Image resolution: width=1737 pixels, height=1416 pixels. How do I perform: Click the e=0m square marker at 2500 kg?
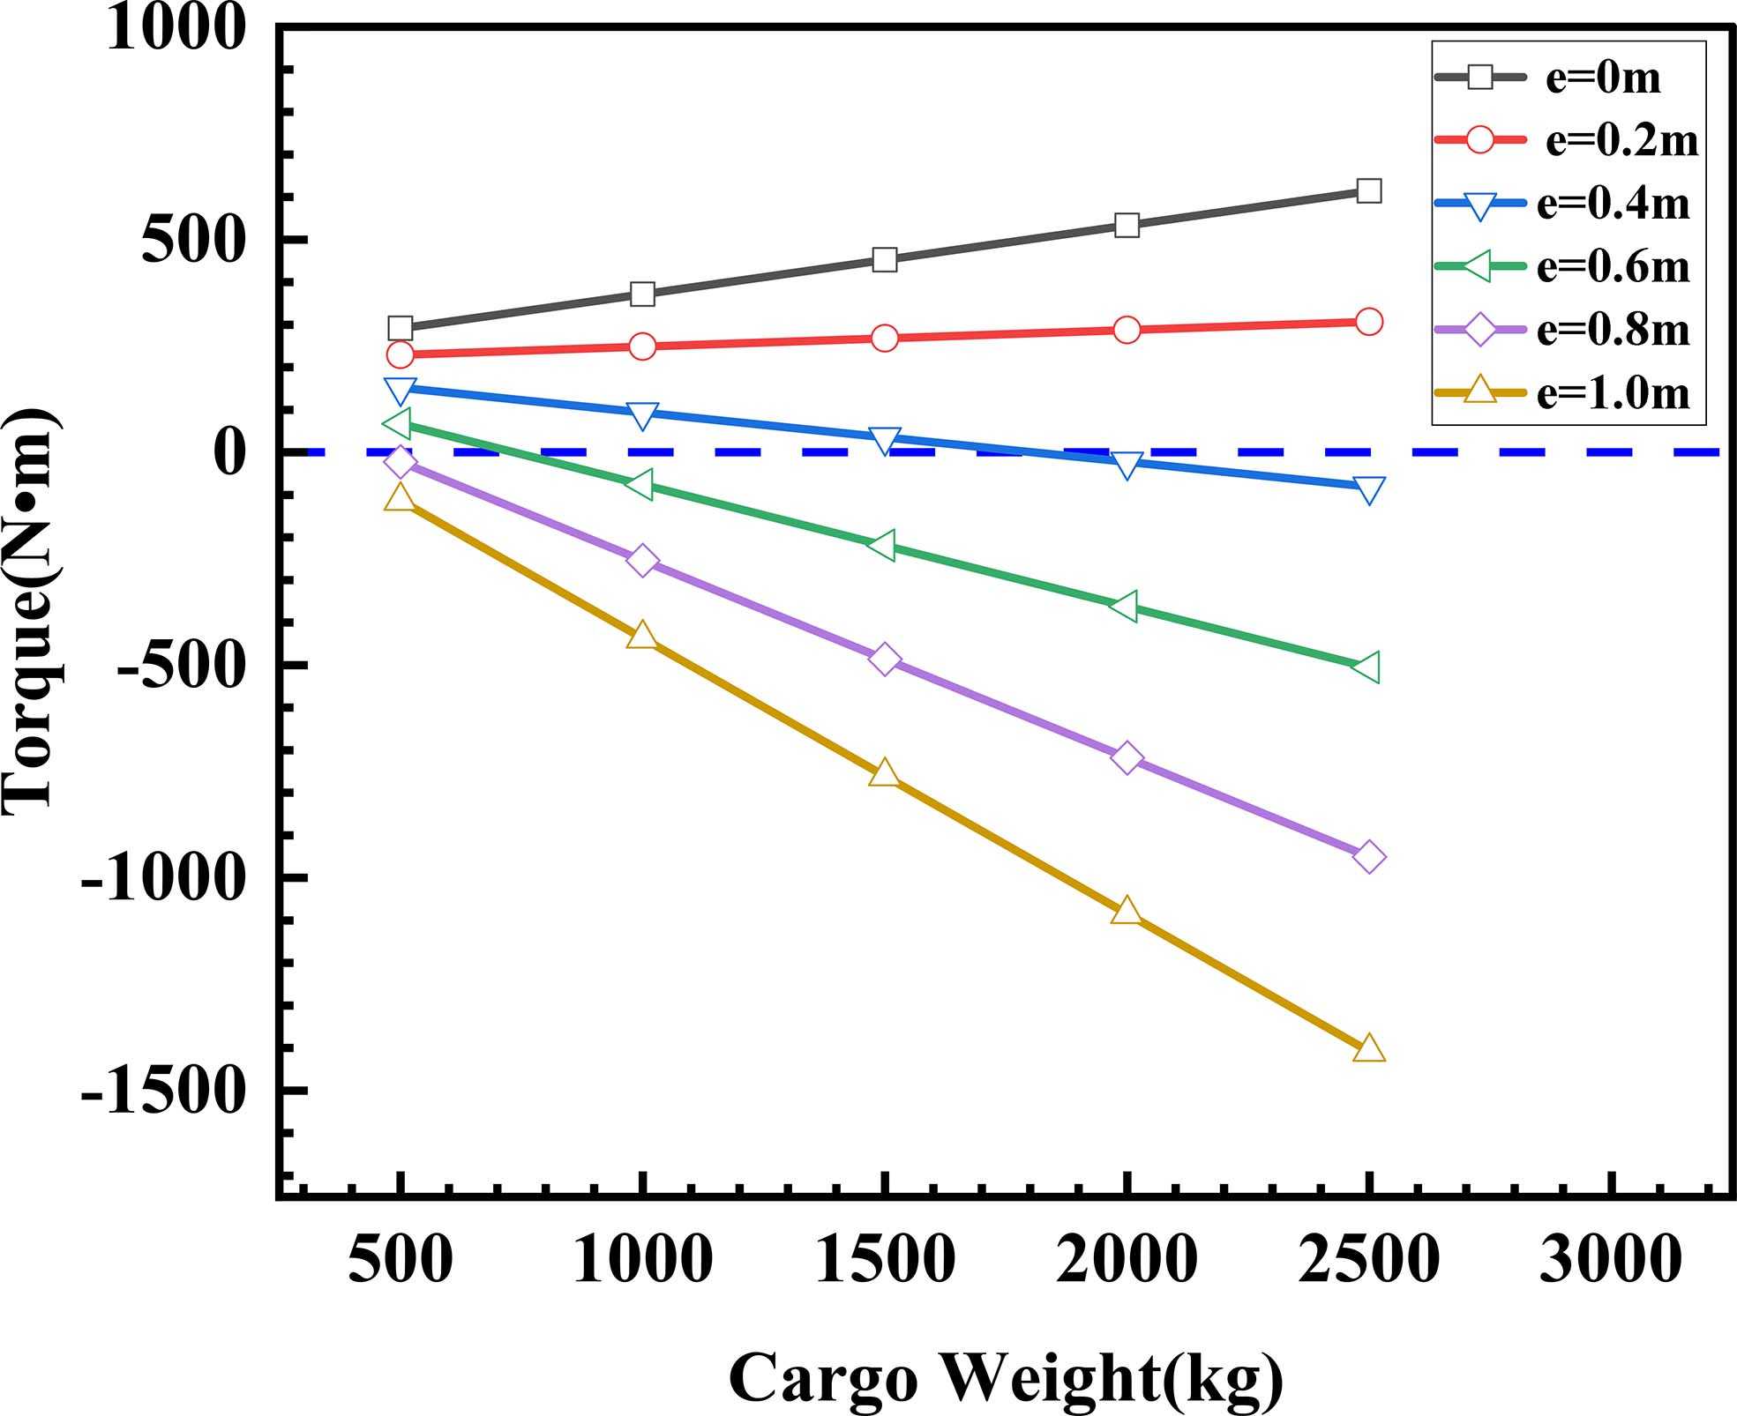click(x=1368, y=190)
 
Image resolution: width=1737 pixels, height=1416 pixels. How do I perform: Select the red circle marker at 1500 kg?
click(x=884, y=338)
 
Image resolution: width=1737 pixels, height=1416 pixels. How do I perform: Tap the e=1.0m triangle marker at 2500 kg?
click(x=1368, y=1049)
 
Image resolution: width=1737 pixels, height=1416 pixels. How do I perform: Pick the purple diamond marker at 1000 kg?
click(x=642, y=561)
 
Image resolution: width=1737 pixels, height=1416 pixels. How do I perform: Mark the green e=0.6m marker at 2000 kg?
click(x=1125, y=606)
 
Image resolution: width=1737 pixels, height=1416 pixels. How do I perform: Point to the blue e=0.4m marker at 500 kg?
click(x=401, y=389)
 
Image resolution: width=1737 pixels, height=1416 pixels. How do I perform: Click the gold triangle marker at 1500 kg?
click(x=884, y=774)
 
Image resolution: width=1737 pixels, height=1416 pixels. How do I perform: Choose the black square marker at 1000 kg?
click(x=642, y=294)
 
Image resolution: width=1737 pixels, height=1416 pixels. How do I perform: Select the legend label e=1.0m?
click(x=1613, y=393)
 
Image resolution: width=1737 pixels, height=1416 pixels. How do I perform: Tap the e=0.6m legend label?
click(x=1613, y=266)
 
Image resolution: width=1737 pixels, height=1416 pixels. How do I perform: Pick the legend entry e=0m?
click(x=1603, y=78)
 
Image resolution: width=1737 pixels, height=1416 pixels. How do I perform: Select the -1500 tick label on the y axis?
click(x=161, y=1092)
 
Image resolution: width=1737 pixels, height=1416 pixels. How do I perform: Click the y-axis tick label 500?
click(x=191, y=240)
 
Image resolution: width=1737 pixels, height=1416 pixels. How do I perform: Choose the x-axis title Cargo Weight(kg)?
click(x=1006, y=1378)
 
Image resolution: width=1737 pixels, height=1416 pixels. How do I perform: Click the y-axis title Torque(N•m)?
click(x=30, y=608)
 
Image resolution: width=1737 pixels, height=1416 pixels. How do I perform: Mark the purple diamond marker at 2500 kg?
click(x=1368, y=857)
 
